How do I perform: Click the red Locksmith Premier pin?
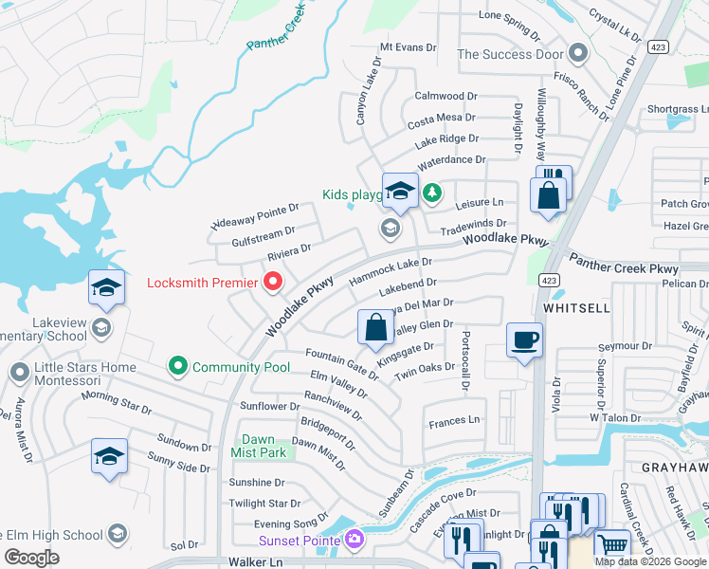(274, 282)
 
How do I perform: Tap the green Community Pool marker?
(176, 365)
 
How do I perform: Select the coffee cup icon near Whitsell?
(524, 340)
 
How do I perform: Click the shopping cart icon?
(612, 546)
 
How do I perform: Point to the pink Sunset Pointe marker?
(354, 540)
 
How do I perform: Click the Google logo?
(31, 558)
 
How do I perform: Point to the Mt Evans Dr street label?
(408, 46)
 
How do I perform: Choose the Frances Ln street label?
(454, 421)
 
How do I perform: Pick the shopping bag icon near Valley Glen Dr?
(376, 328)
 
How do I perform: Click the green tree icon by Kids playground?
(431, 193)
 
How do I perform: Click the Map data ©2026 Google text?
(649, 561)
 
